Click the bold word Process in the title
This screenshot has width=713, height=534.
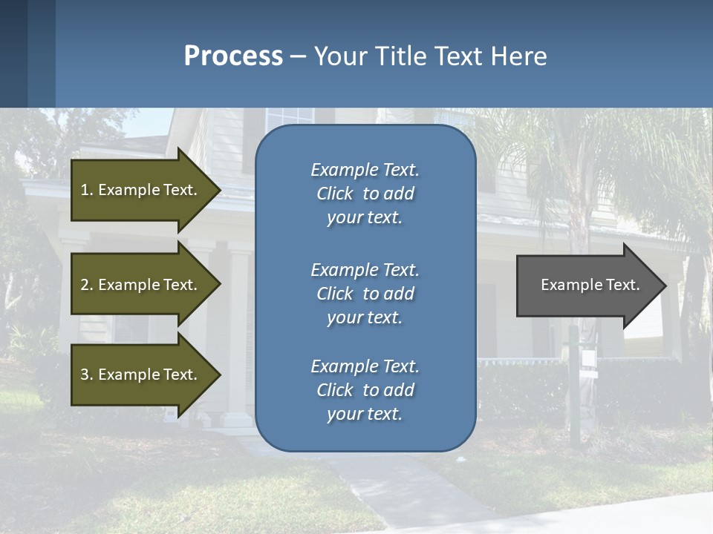pos(233,56)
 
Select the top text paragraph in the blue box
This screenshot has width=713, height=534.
pos(365,194)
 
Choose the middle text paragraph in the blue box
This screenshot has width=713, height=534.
pos(365,294)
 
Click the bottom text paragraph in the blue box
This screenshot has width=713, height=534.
pos(365,390)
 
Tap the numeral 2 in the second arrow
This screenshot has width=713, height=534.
pos(85,285)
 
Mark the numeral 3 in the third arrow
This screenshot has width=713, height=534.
pos(85,375)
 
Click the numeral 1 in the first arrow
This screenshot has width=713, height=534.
pos(85,190)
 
